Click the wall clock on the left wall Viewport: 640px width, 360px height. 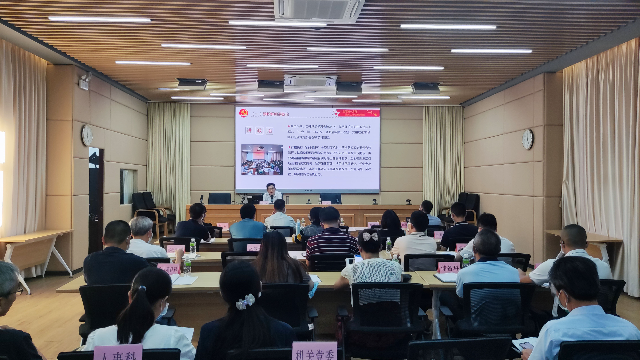click(x=87, y=135)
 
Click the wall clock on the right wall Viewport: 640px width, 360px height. click(x=527, y=139)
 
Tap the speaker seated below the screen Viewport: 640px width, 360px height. click(x=270, y=193)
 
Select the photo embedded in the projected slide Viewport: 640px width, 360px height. click(x=261, y=159)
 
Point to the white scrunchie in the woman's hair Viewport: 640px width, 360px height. click(x=245, y=300)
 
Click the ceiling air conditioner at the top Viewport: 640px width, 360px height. click(x=319, y=10)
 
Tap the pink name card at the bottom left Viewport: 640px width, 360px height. click(x=117, y=352)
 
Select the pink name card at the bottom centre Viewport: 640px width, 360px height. click(x=314, y=351)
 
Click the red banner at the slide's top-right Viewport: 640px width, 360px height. click(x=358, y=114)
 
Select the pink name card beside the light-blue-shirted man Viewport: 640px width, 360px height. click(x=449, y=267)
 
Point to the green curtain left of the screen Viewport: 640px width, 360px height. click(x=169, y=160)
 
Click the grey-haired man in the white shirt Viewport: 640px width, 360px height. click(x=143, y=238)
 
